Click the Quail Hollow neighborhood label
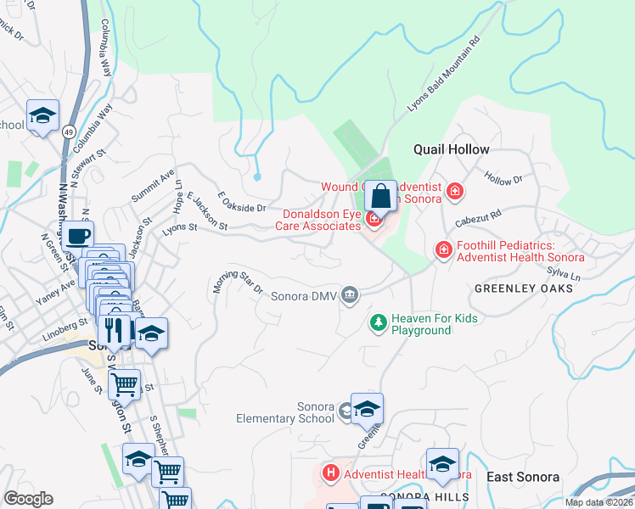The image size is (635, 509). [x=451, y=149]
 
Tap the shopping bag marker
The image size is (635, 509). [x=381, y=196]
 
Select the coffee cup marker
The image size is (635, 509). [x=77, y=236]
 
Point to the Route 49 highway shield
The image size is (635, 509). [x=67, y=131]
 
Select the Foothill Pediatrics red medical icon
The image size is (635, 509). [x=442, y=249]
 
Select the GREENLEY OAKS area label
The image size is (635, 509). [x=523, y=288]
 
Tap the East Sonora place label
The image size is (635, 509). [x=523, y=478]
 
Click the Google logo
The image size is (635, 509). [x=28, y=499]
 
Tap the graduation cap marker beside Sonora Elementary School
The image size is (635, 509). [x=367, y=410]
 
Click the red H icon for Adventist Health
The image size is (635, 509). [x=331, y=472]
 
